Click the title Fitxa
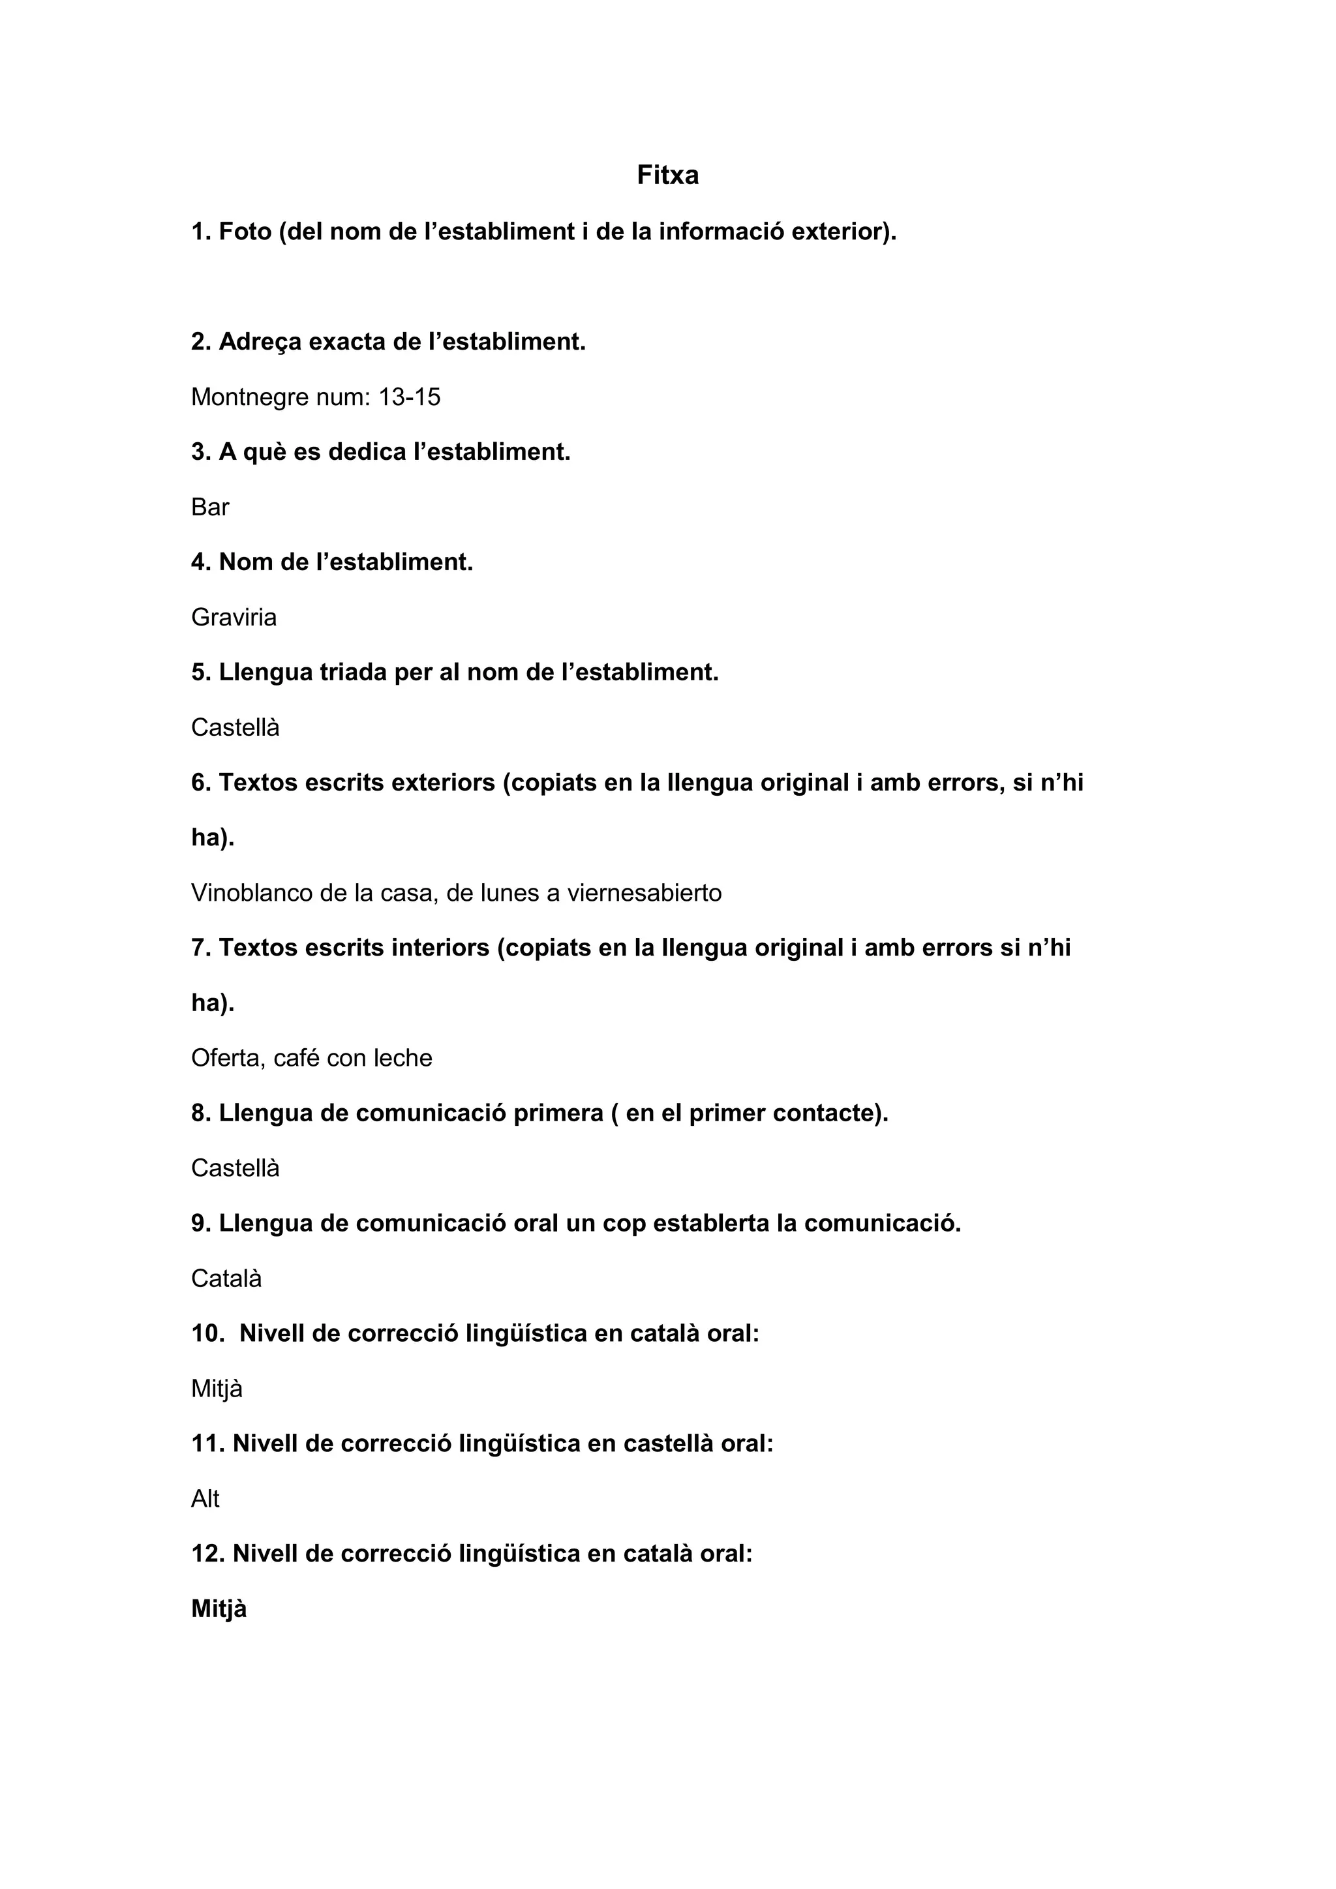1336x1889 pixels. click(667, 175)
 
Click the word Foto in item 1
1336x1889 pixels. click(245, 232)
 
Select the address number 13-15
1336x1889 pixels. click(410, 397)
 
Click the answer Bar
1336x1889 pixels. click(210, 507)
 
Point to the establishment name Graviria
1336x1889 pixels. click(234, 618)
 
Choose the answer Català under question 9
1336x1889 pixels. click(226, 1278)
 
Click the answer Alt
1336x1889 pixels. click(205, 1499)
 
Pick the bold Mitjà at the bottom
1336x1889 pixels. click(219, 1609)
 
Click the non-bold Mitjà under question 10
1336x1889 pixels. click(217, 1389)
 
